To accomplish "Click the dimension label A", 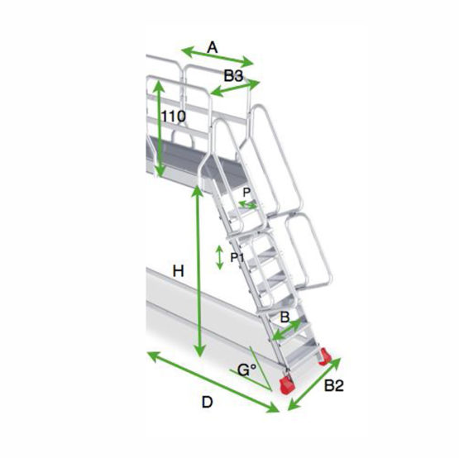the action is tap(213, 47).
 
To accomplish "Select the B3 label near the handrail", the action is tap(233, 76).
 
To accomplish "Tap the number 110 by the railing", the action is tap(174, 117).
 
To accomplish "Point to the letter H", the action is tap(179, 271).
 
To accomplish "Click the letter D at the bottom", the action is tap(208, 402).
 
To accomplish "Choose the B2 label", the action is tap(334, 386).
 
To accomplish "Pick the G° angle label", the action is tap(246, 370).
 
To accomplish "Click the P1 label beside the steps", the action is tap(237, 258).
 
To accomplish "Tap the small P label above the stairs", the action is tap(246, 193).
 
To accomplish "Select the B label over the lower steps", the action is tap(284, 317).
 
